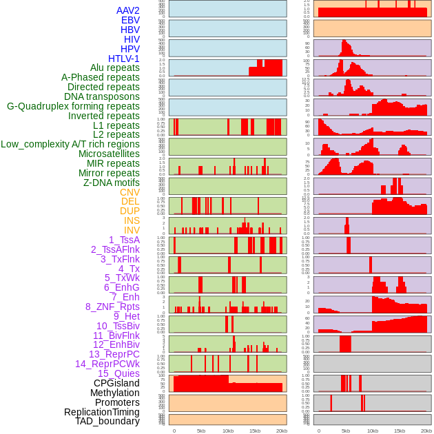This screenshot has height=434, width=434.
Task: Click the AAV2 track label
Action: click(128, 11)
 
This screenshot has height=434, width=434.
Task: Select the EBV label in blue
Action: click(130, 21)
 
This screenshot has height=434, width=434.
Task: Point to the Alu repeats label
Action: click(115, 68)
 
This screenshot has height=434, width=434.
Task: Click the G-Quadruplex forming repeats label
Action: click(73, 107)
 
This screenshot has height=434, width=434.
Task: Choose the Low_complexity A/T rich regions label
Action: click(70, 144)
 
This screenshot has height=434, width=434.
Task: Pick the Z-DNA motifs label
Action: click(112, 183)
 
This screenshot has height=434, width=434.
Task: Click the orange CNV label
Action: click(130, 192)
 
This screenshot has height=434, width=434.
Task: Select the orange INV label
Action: click(132, 230)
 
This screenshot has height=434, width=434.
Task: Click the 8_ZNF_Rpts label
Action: click(112, 307)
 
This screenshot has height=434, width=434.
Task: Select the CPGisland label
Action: click(116, 383)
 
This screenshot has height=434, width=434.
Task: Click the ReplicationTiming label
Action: click(101, 412)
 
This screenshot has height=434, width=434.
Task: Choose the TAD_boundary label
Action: click(107, 421)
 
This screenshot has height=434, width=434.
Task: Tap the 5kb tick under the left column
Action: click(201, 431)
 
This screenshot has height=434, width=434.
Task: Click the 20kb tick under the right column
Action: click(426, 431)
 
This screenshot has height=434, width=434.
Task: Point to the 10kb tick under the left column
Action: click(228, 431)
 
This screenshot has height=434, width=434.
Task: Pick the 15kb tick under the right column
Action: click(399, 431)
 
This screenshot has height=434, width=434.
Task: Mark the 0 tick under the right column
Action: click(318, 431)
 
